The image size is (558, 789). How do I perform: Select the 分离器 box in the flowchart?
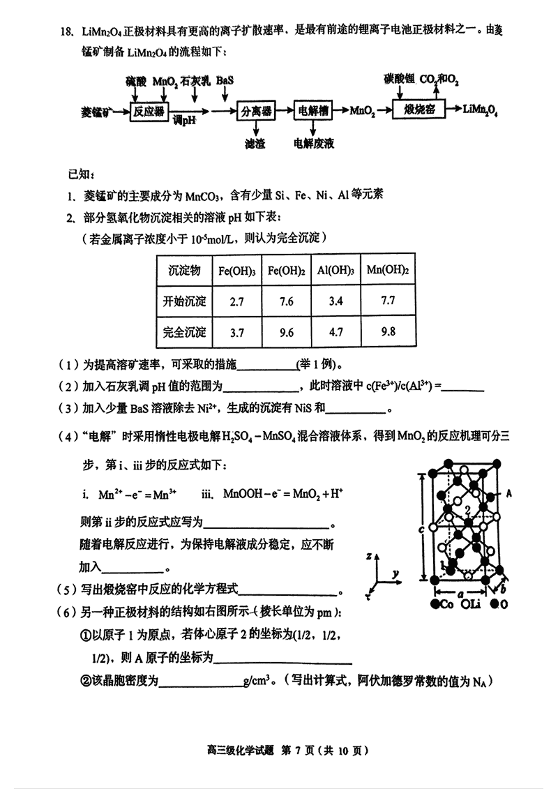pyautogui.click(x=255, y=111)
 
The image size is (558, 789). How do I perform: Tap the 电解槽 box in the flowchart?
pyautogui.click(x=313, y=111)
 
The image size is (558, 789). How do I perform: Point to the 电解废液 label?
pyautogui.click(x=314, y=144)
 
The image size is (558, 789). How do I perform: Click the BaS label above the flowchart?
pyautogui.click(x=225, y=82)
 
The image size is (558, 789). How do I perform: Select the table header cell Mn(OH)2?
pyautogui.click(x=387, y=271)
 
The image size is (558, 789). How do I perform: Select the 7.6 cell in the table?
pyautogui.click(x=285, y=301)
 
